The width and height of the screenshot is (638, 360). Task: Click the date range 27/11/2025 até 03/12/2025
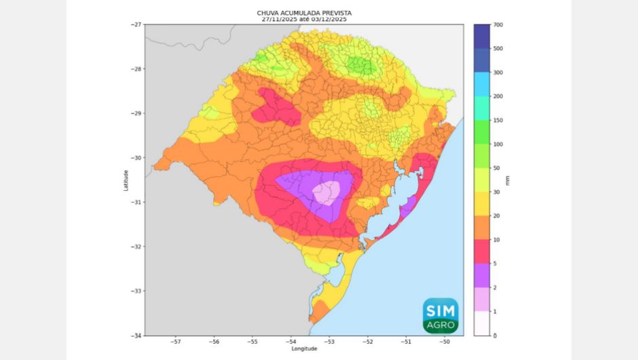click(x=303, y=20)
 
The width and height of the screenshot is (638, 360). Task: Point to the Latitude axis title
click(x=126, y=180)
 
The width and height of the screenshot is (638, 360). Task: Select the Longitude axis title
click(x=304, y=348)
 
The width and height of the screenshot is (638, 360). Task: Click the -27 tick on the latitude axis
click(x=136, y=24)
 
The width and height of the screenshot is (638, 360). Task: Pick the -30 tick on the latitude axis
click(x=136, y=158)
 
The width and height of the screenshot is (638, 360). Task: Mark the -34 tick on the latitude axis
click(x=136, y=336)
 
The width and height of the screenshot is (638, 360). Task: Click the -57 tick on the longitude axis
click(x=175, y=342)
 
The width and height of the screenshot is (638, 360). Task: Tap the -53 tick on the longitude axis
click(x=329, y=342)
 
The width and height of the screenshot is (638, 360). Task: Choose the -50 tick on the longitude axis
click(x=445, y=342)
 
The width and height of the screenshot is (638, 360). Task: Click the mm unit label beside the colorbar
click(x=508, y=180)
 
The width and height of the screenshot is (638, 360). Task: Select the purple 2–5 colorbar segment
click(x=483, y=276)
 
